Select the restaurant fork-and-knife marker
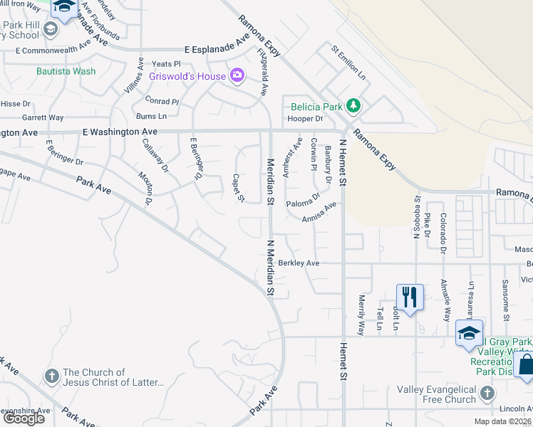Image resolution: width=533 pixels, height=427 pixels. tap(409, 296)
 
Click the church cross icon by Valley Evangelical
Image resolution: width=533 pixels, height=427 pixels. tap(486, 394)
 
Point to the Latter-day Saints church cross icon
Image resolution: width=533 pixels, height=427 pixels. tap(52, 375)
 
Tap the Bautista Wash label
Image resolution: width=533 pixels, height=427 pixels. tap(66, 71)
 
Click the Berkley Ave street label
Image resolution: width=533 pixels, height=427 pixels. tap(299, 263)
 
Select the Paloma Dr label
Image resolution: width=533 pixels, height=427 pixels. tap(304, 205)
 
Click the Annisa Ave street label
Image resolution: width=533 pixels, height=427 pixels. tap(319, 213)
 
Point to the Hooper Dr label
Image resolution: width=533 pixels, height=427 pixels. tap(307, 118)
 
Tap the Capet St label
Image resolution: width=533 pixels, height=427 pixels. tap(239, 188)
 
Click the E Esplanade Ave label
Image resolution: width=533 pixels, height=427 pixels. tap(217, 50)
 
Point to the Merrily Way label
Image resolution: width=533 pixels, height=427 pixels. tap(362, 315)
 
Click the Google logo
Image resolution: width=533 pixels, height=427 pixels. tap(24, 418)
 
